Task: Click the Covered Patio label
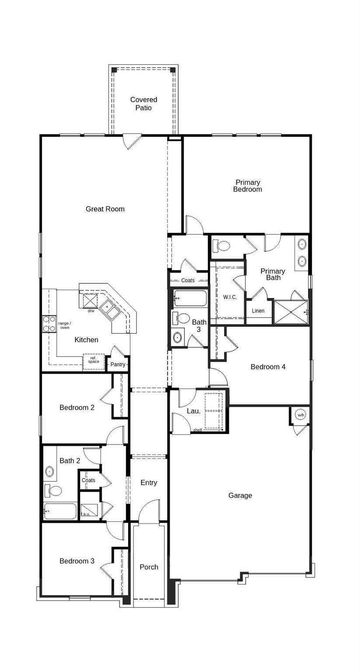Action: click(143, 104)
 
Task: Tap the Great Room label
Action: click(105, 209)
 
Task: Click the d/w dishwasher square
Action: click(91, 301)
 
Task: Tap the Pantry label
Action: click(118, 364)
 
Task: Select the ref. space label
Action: click(94, 360)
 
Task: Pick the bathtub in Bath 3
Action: click(190, 298)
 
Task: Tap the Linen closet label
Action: click(258, 311)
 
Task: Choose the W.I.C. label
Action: click(230, 297)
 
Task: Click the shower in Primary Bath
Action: click(291, 312)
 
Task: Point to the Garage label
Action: click(240, 496)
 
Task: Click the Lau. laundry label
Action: click(193, 411)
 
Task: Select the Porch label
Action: click(149, 567)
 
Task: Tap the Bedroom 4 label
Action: click(268, 367)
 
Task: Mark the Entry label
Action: click(149, 483)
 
